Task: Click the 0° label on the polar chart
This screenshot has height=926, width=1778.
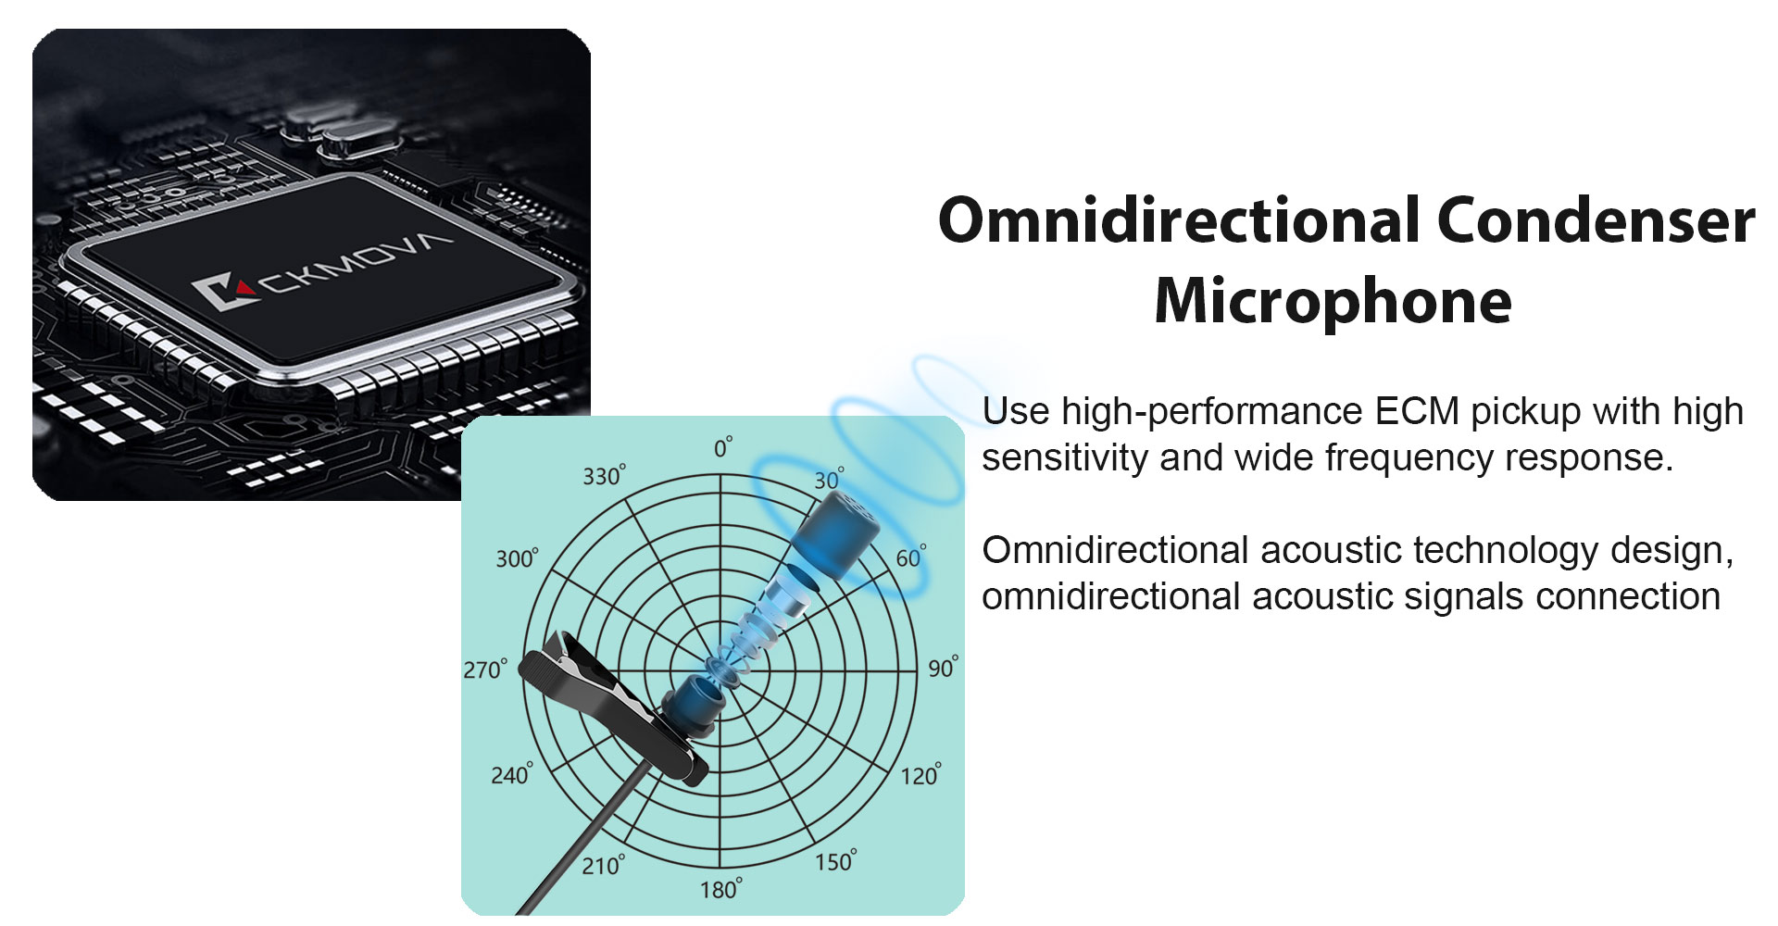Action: click(723, 447)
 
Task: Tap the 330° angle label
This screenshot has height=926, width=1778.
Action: click(604, 475)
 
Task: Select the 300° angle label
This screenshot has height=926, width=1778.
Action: click(517, 557)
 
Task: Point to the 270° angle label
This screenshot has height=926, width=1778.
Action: click(485, 669)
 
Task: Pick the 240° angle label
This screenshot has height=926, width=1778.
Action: click(512, 773)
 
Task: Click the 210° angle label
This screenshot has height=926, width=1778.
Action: click(603, 865)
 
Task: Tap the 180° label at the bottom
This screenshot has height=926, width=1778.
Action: click(720, 889)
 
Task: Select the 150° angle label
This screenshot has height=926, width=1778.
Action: click(836, 860)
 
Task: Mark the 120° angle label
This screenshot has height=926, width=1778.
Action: click(921, 774)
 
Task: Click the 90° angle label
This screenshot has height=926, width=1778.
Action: click(944, 667)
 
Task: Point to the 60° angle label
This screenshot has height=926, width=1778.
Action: click(911, 557)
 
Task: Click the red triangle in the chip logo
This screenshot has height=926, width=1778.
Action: click(244, 287)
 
